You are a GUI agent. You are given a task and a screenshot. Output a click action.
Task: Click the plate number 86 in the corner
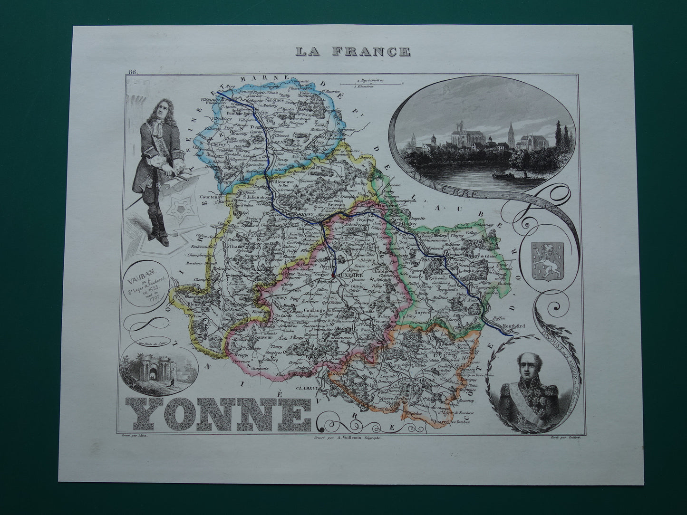132,72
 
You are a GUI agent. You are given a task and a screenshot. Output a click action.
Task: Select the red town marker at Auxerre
334,275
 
